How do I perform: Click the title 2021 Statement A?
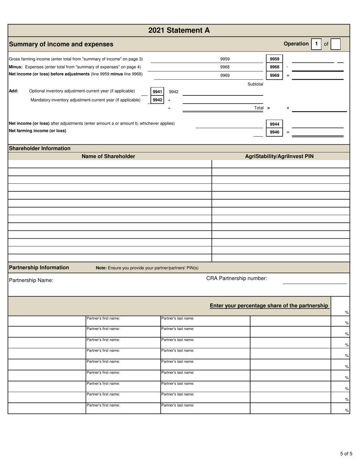point(179,30)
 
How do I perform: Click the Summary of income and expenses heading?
point(61,44)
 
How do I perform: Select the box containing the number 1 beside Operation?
point(316,44)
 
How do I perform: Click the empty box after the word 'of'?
point(335,44)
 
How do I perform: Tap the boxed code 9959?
point(274,59)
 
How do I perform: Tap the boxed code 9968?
point(274,67)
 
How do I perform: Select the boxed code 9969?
point(274,75)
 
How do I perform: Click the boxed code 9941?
point(157,92)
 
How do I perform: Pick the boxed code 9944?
point(274,124)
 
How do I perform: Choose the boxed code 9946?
point(274,132)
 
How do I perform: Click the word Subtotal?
point(255,84)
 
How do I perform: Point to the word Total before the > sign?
point(259,108)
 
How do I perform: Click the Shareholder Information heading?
point(39,149)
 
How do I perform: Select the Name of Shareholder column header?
point(108,156)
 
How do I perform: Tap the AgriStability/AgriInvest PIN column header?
point(279,156)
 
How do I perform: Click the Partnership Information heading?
point(39,267)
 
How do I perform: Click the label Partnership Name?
point(31,280)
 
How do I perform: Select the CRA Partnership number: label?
point(236,278)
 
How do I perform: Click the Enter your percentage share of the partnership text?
point(269,305)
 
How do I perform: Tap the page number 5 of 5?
point(346,453)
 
